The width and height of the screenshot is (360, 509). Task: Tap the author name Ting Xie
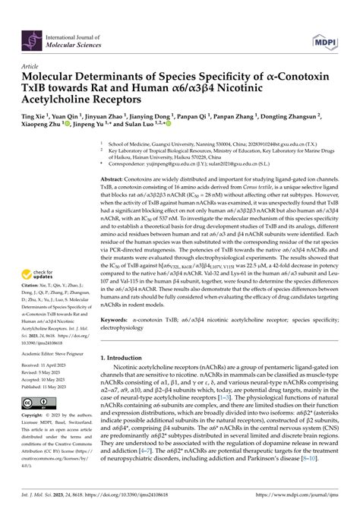36,118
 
